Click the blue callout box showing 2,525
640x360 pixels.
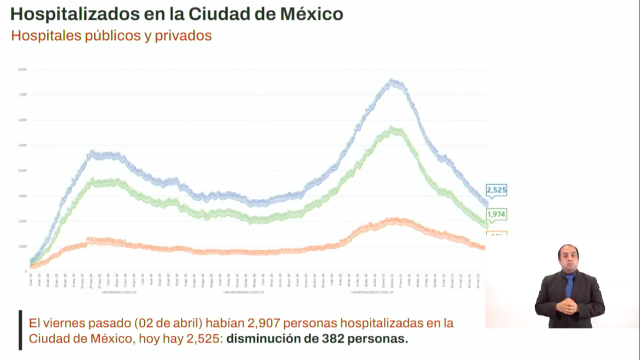497,190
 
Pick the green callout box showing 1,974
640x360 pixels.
497,215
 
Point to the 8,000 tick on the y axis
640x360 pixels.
22,69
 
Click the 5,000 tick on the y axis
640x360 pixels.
22,145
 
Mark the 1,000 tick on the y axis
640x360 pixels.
22,247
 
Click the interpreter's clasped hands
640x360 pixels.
568,306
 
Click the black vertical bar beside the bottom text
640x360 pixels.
20,330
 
